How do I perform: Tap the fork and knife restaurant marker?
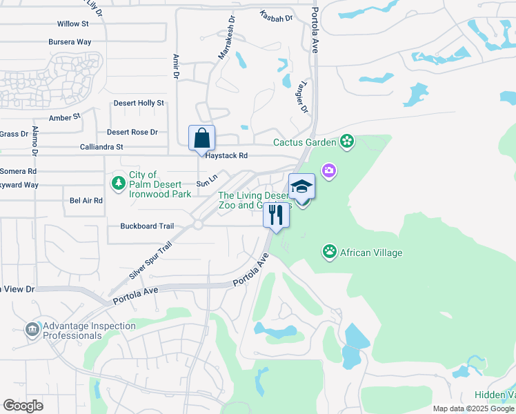[276, 215]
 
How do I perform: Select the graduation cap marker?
[301, 186]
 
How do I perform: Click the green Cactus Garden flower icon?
[347, 142]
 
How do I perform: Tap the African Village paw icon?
[330, 252]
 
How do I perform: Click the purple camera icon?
[329, 170]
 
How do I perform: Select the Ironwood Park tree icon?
[119, 183]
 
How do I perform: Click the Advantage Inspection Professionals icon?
[32, 330]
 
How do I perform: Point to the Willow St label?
[73, 23]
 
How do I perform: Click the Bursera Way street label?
[70, 42]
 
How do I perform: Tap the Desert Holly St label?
[139, 103]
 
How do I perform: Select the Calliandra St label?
[101, 147]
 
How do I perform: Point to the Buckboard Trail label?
[147, 226]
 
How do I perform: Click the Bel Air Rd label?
[86, 201]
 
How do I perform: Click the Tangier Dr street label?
[301, 96]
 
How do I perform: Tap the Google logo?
[23, 406]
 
